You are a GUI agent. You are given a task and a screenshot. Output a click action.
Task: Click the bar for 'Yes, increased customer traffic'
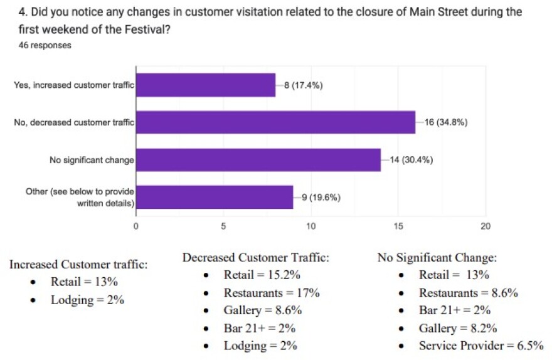[x=206, y=85]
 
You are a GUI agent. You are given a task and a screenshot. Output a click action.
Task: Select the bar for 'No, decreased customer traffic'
[x=275, y=122]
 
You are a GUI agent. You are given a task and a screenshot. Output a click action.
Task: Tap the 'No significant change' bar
[x=258, y=160]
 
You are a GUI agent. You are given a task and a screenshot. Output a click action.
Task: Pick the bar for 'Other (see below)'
[x=215, y=197]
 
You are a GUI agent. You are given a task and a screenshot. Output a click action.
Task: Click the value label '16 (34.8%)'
[x=446, y=122]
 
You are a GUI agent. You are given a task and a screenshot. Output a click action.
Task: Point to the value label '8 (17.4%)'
[x=304, y=85]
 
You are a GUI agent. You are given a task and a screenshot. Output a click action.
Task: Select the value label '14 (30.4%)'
[x=411, y=160]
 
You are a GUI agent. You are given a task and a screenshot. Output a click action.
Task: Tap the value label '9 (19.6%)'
[x=321, y=197]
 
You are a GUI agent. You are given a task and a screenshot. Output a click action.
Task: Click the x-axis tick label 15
[x=398, y=226]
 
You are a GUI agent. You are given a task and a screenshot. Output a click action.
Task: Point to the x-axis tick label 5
[x=223, y=226]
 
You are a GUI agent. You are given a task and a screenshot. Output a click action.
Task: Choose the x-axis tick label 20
[x=485, y=226]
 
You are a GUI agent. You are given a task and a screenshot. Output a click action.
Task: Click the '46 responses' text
[x=45, y=45]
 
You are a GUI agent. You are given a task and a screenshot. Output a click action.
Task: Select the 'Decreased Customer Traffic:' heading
[x=256, y=258]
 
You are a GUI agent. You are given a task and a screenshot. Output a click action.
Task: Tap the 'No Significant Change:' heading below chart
[x=437, y=258]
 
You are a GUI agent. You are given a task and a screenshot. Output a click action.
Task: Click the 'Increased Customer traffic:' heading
[x=78, y=265]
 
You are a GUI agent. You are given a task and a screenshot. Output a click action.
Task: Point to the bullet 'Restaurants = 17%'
[x=272, y=293]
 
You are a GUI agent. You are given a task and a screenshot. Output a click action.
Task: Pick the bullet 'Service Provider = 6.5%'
[x=480, y=346]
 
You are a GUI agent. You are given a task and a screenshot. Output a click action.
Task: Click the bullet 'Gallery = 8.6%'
[x=263, y=310]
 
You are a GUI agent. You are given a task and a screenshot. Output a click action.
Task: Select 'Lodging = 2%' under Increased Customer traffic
[x=87, y=300]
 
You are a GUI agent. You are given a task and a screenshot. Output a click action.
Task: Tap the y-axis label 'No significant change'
[x=92, y=160]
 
